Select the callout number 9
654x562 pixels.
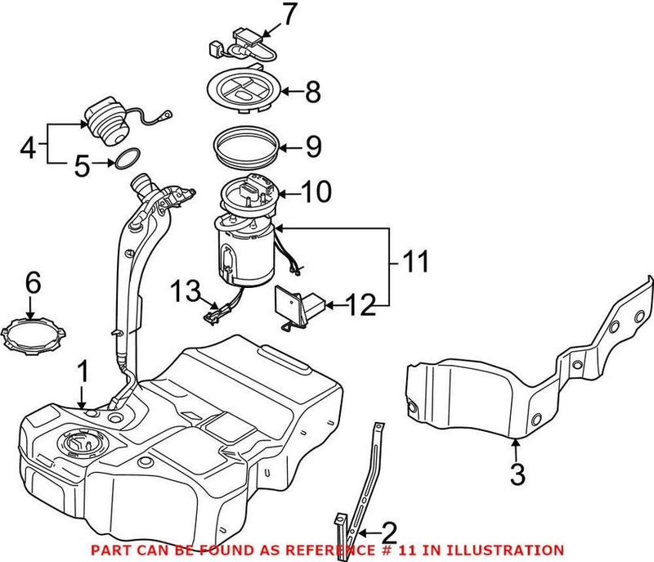click(x=313, y=147)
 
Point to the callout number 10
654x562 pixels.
click(x=316, y=193)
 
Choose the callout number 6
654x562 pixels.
click(x=32, y=283)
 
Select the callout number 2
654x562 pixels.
click(x=388, y=533)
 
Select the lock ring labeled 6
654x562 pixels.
click(x=31, y=337)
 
